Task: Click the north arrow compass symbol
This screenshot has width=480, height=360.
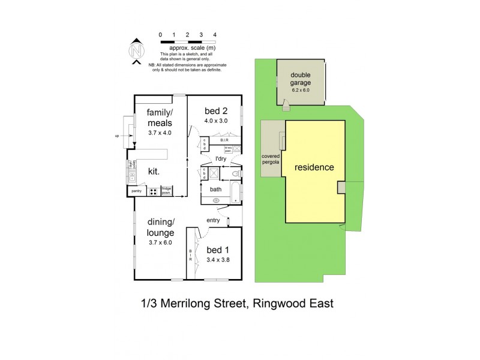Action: (x=137, y=51)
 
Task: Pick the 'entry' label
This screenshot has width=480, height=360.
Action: (x=214, y=221)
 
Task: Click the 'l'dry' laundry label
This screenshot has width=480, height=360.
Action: (x=223, y=159)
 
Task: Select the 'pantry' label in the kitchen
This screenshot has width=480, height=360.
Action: (x=136, y=191)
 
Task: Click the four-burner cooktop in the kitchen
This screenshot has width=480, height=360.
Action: (x=153, y=192)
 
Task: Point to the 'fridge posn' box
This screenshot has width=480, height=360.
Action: (x=166, y=191)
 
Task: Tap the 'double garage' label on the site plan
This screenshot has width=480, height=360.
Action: (x=301, y=79)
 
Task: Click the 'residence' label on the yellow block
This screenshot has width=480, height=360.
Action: (x=314, y=167)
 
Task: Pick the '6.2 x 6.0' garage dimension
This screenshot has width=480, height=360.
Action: (x=301, y=90)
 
